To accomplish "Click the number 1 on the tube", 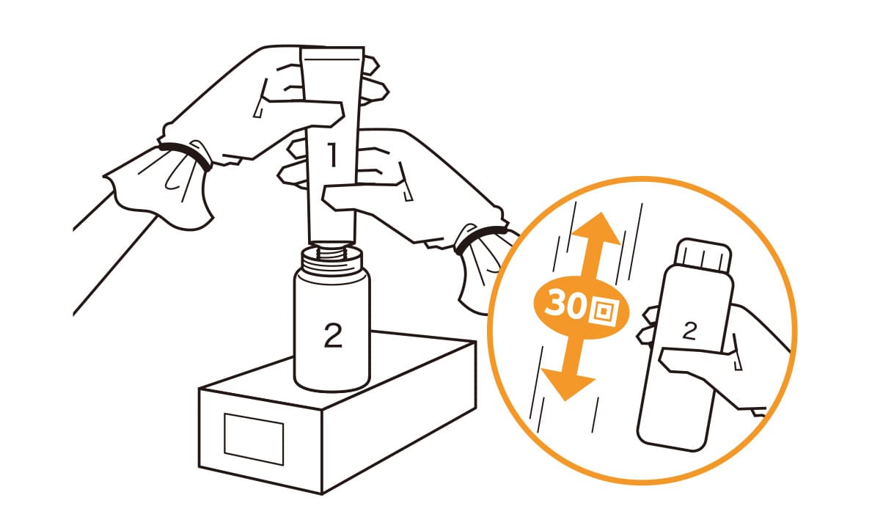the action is coord(333,155).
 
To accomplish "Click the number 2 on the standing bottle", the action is coord(333,335).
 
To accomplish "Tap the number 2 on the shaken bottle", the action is coord(689,331).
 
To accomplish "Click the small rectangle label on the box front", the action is coord(254,439).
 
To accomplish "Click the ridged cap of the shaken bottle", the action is coord(703,255).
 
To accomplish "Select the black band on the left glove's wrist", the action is coord(186,155).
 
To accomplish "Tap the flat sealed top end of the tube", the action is coord(332,49).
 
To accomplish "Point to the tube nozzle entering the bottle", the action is coord(332,243).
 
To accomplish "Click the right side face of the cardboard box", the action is coord(399,418).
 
